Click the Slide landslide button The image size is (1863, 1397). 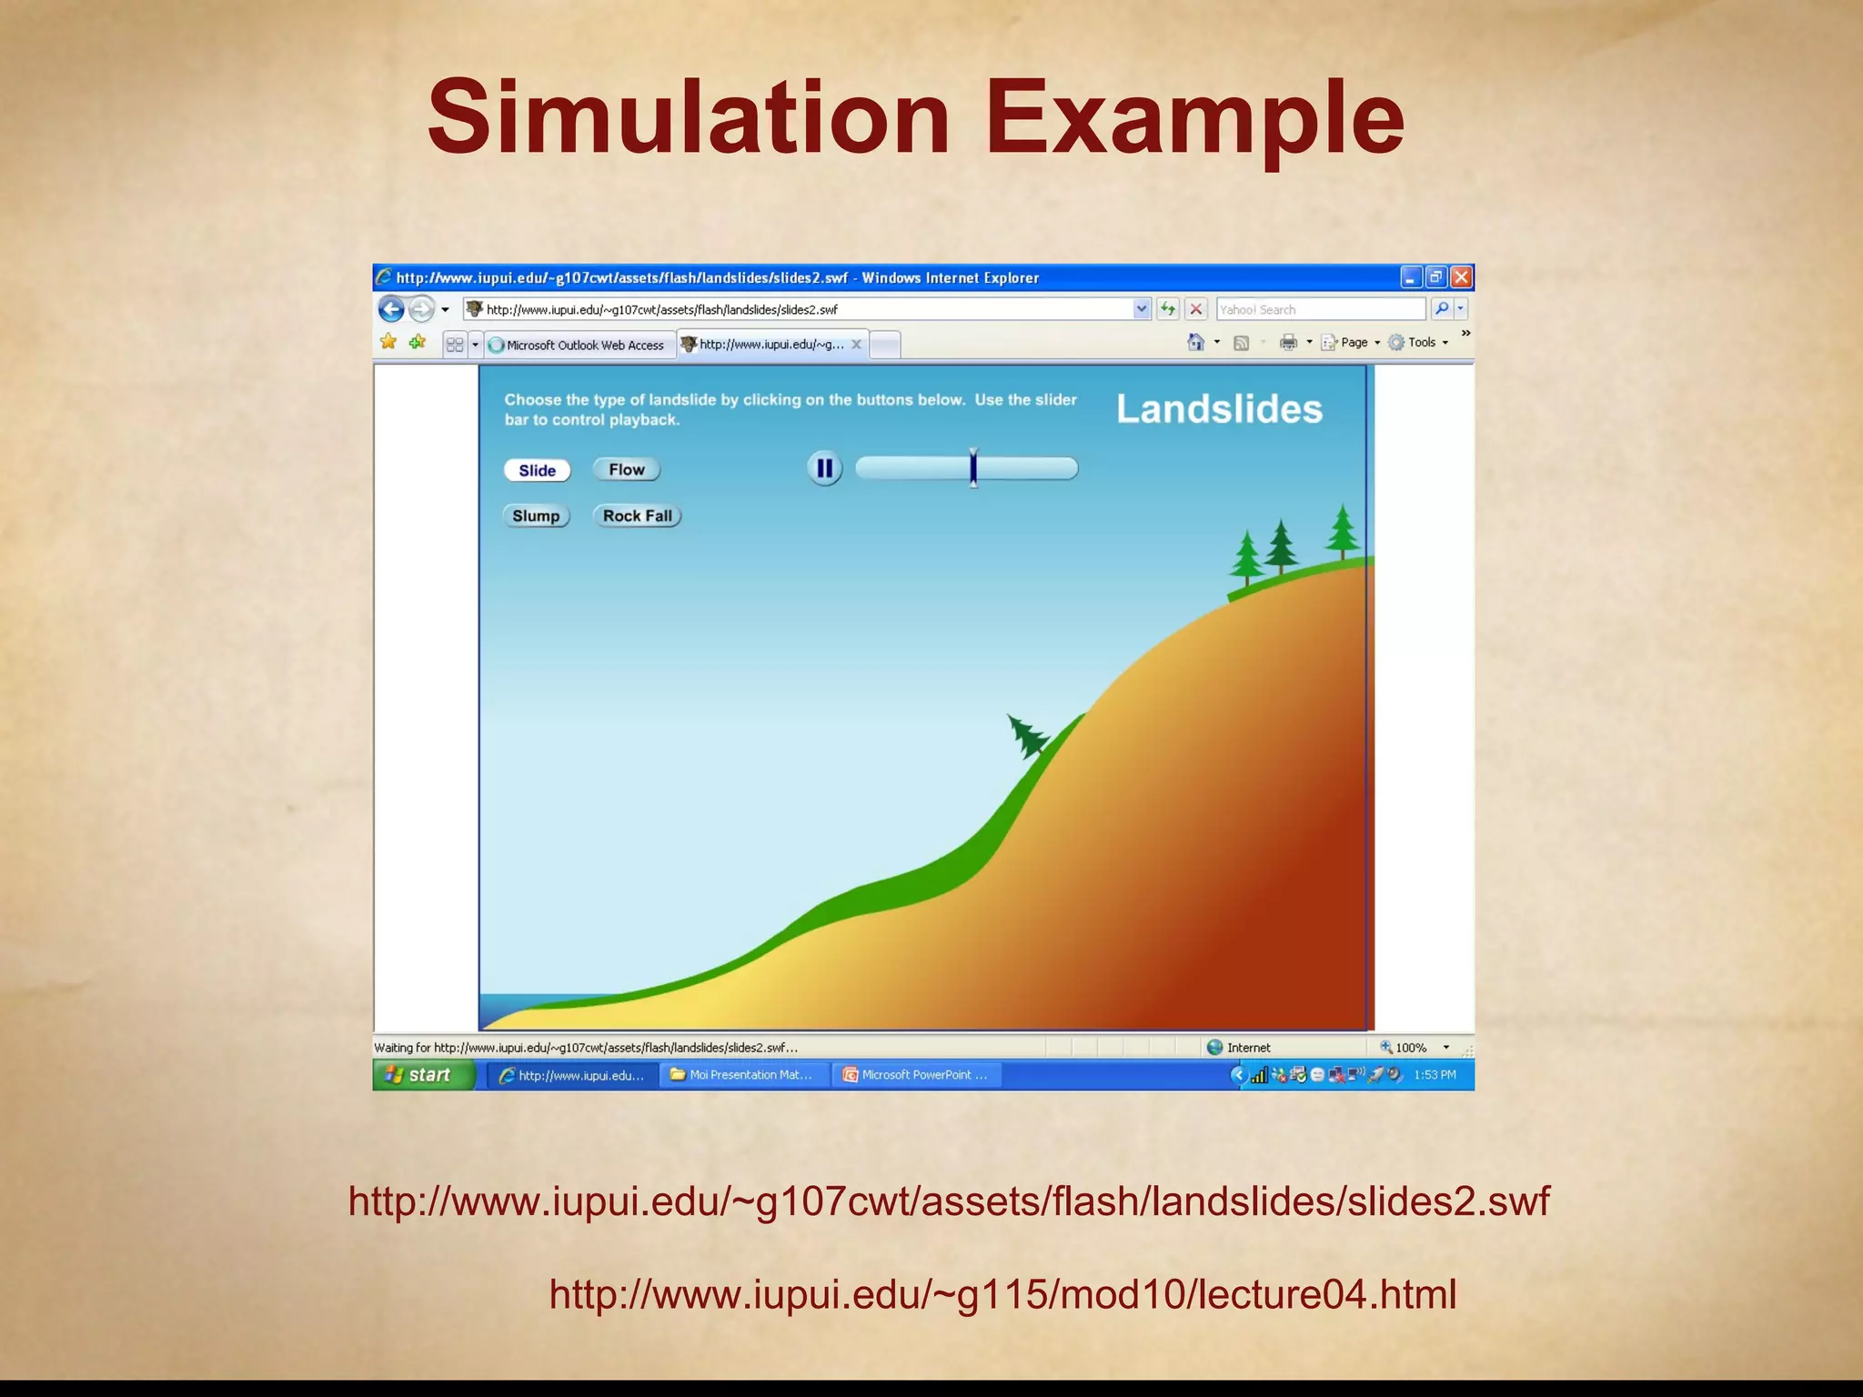click(x=537, y=470)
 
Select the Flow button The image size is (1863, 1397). click(x=626, y=469)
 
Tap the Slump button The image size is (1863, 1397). click(x=536, y=516)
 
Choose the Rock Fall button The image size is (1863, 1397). click(x=637, y=516)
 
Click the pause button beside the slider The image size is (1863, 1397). click(x=824, y=468)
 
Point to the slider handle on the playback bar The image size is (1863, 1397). click(x=973, y=468)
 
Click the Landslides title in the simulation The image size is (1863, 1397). click(x=1219, y=409)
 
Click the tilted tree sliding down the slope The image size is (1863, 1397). click(x=1028, y=735)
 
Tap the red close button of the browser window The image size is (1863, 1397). click(x=1461, y=277)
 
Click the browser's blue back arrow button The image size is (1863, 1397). click(x=391, y=309)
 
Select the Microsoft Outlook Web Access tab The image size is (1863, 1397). click(x=582, y=345)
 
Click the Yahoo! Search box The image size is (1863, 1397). click(x=1319, y=309)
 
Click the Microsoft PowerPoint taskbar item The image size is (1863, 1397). click(x=917, y=1075)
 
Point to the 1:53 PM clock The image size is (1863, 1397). click(x=1435, y=1075)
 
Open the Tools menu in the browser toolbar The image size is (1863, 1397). click(x=1421, y=343)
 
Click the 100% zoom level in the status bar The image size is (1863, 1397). click(x=1411, y=1048)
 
